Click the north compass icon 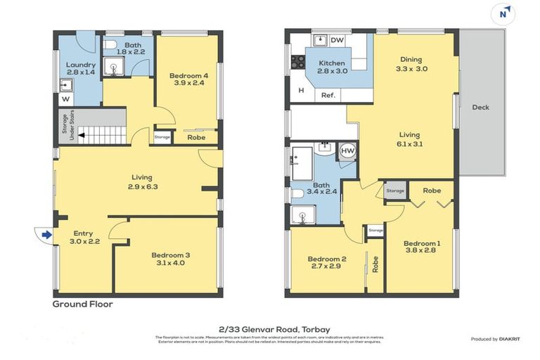click(x=503, y=13)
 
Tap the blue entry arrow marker click(x=46, y=235)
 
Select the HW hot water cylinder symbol click(x=347, y=150)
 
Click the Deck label click(x=481, y=108)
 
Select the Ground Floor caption click(x=82, y=304)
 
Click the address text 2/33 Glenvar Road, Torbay click(x=274, y=328)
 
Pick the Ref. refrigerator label click(x=328, y=95)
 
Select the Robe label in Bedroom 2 click(x=375, y=264)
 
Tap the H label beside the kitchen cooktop click(x=300, y=90)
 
